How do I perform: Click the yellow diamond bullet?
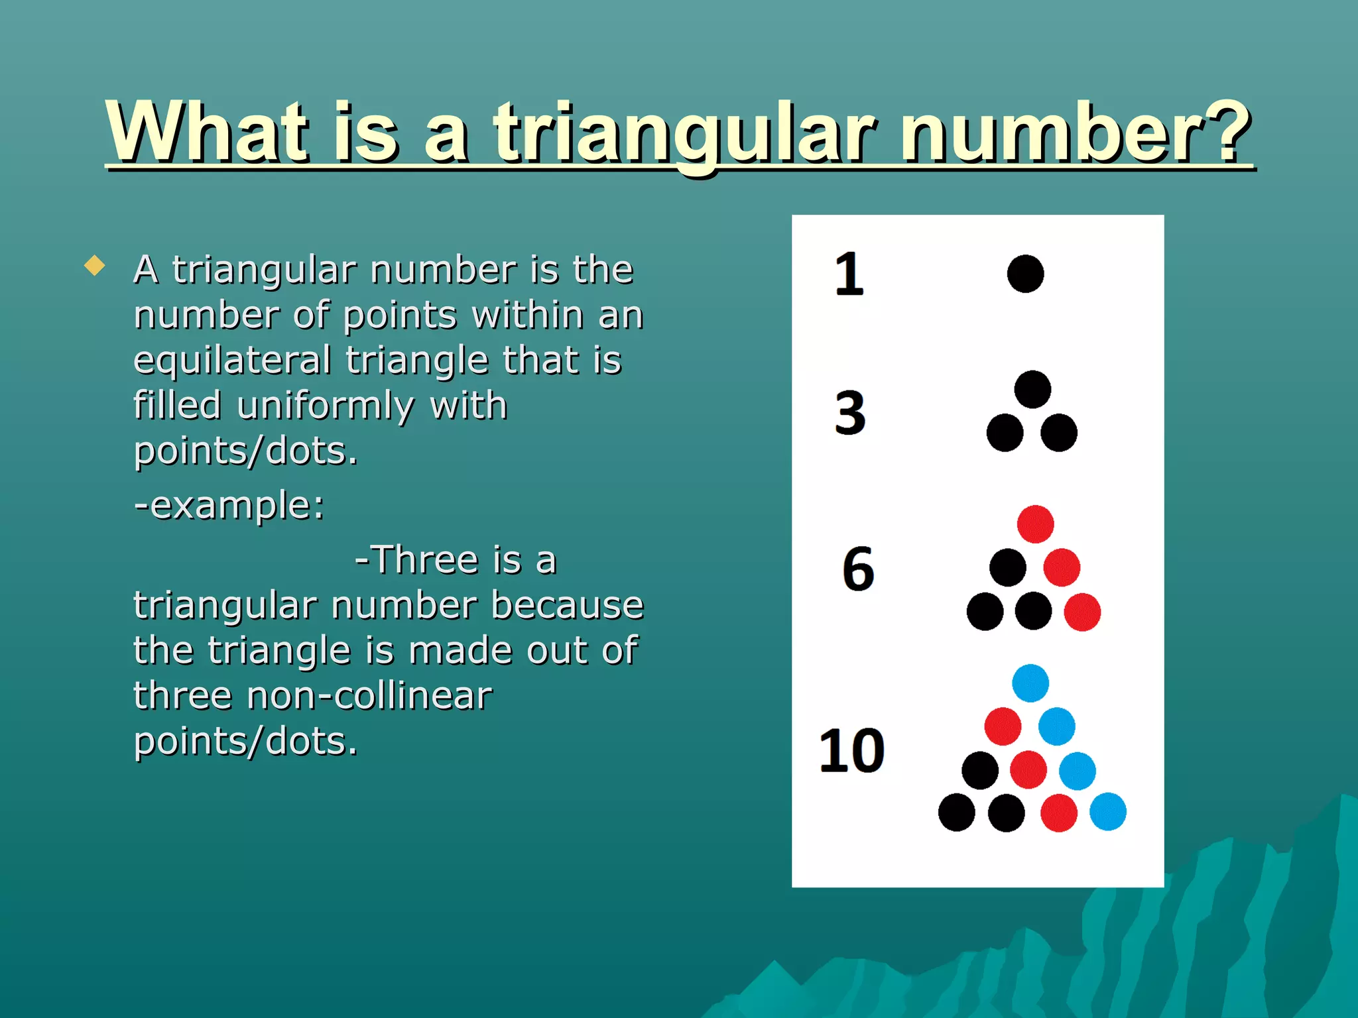tap(95, 266)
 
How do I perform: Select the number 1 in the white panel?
tap(849, 274)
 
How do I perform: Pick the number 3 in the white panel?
tap(850, 413)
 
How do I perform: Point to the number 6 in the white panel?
tap(858, 569)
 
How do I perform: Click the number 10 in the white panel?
tap(852, 751)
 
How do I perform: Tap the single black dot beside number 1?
tap(1025, 274)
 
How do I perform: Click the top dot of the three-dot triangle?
tap(1032, 389)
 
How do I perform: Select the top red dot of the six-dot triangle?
tap(1035, 524)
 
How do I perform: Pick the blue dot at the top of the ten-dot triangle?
tap(1030, 683)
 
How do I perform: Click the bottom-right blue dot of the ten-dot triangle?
tap(1107, 812)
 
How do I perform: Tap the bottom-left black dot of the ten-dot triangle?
tap(956, 813)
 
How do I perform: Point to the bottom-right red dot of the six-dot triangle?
tap(1082, 612)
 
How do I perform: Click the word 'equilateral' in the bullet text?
tap(232, 360)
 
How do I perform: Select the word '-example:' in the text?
tap(229, 505)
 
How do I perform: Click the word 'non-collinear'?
tap(369, 696)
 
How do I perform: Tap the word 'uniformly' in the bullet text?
tap(325, 406)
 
